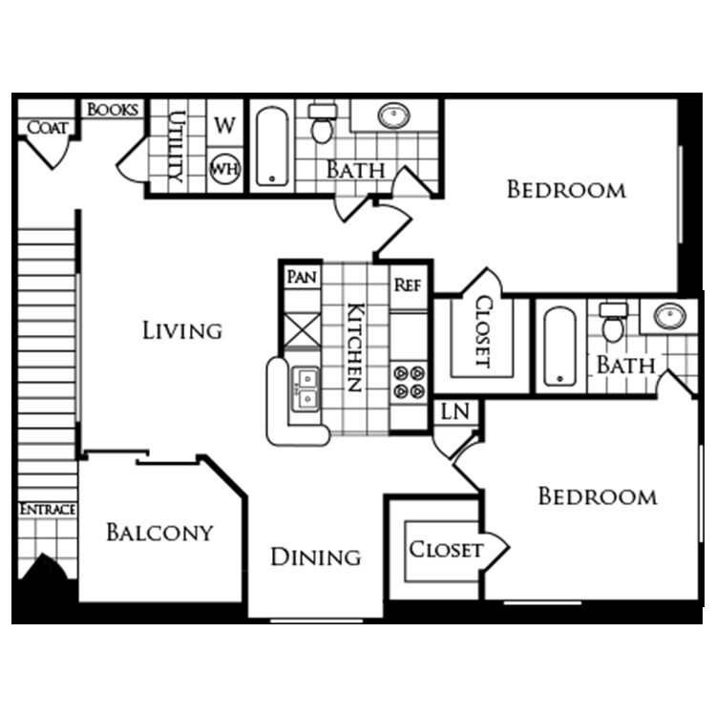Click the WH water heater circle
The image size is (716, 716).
(224, 169)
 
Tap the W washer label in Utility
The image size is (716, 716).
(224, 125)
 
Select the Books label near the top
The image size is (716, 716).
(113, 110)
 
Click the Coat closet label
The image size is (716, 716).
(48, 127)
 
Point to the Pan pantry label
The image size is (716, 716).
(302, 276)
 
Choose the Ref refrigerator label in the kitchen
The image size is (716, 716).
(408, 284)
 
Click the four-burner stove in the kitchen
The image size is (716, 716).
(409, 382)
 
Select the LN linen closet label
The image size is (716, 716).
(455, 411)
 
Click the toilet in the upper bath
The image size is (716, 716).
(323, 123)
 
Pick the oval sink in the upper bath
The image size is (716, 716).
(393, 116)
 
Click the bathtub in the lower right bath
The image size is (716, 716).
(559, 347)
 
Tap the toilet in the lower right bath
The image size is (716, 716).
(613, 323)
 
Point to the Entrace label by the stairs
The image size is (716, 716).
(48, 509)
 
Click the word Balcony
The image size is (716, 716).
(159, 532)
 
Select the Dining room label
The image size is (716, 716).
(316, 558)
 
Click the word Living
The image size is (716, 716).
(182, 330)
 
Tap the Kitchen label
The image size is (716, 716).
(356, 347)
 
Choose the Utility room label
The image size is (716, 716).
(178, 146)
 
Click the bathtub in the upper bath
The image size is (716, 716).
(272, 146)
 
